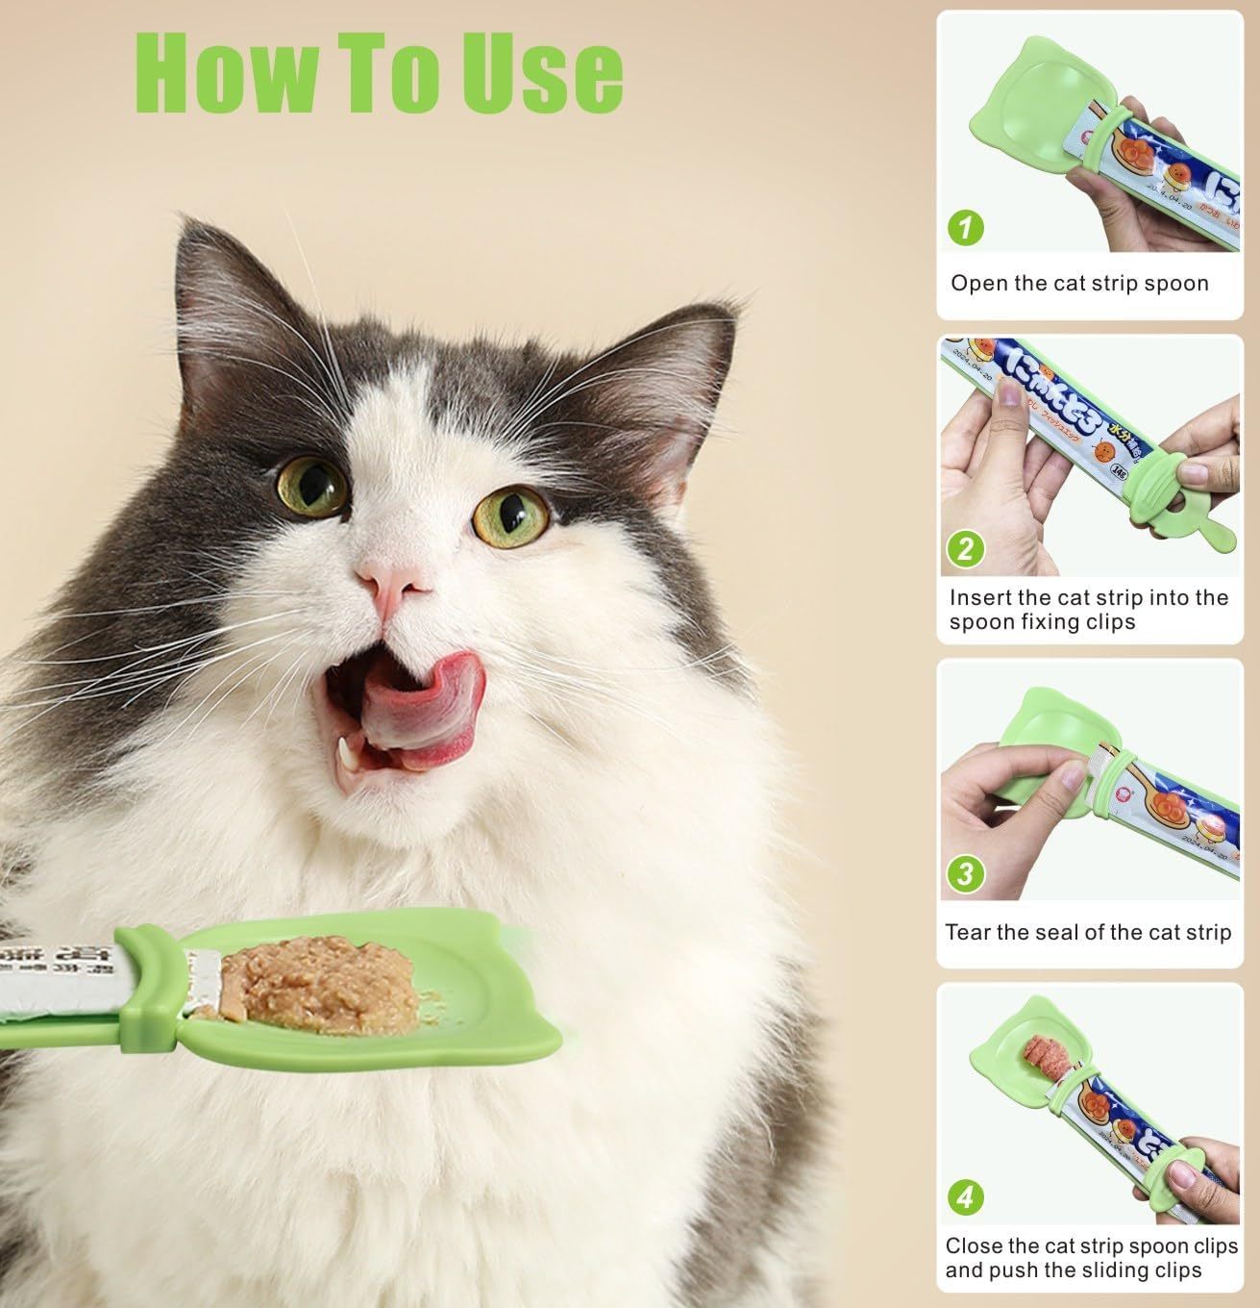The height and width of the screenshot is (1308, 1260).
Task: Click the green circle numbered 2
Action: tap(966, 549)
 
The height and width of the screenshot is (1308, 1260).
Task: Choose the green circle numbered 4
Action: tap(966, 1197)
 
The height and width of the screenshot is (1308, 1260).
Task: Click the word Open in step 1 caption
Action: tap(974, 284)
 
